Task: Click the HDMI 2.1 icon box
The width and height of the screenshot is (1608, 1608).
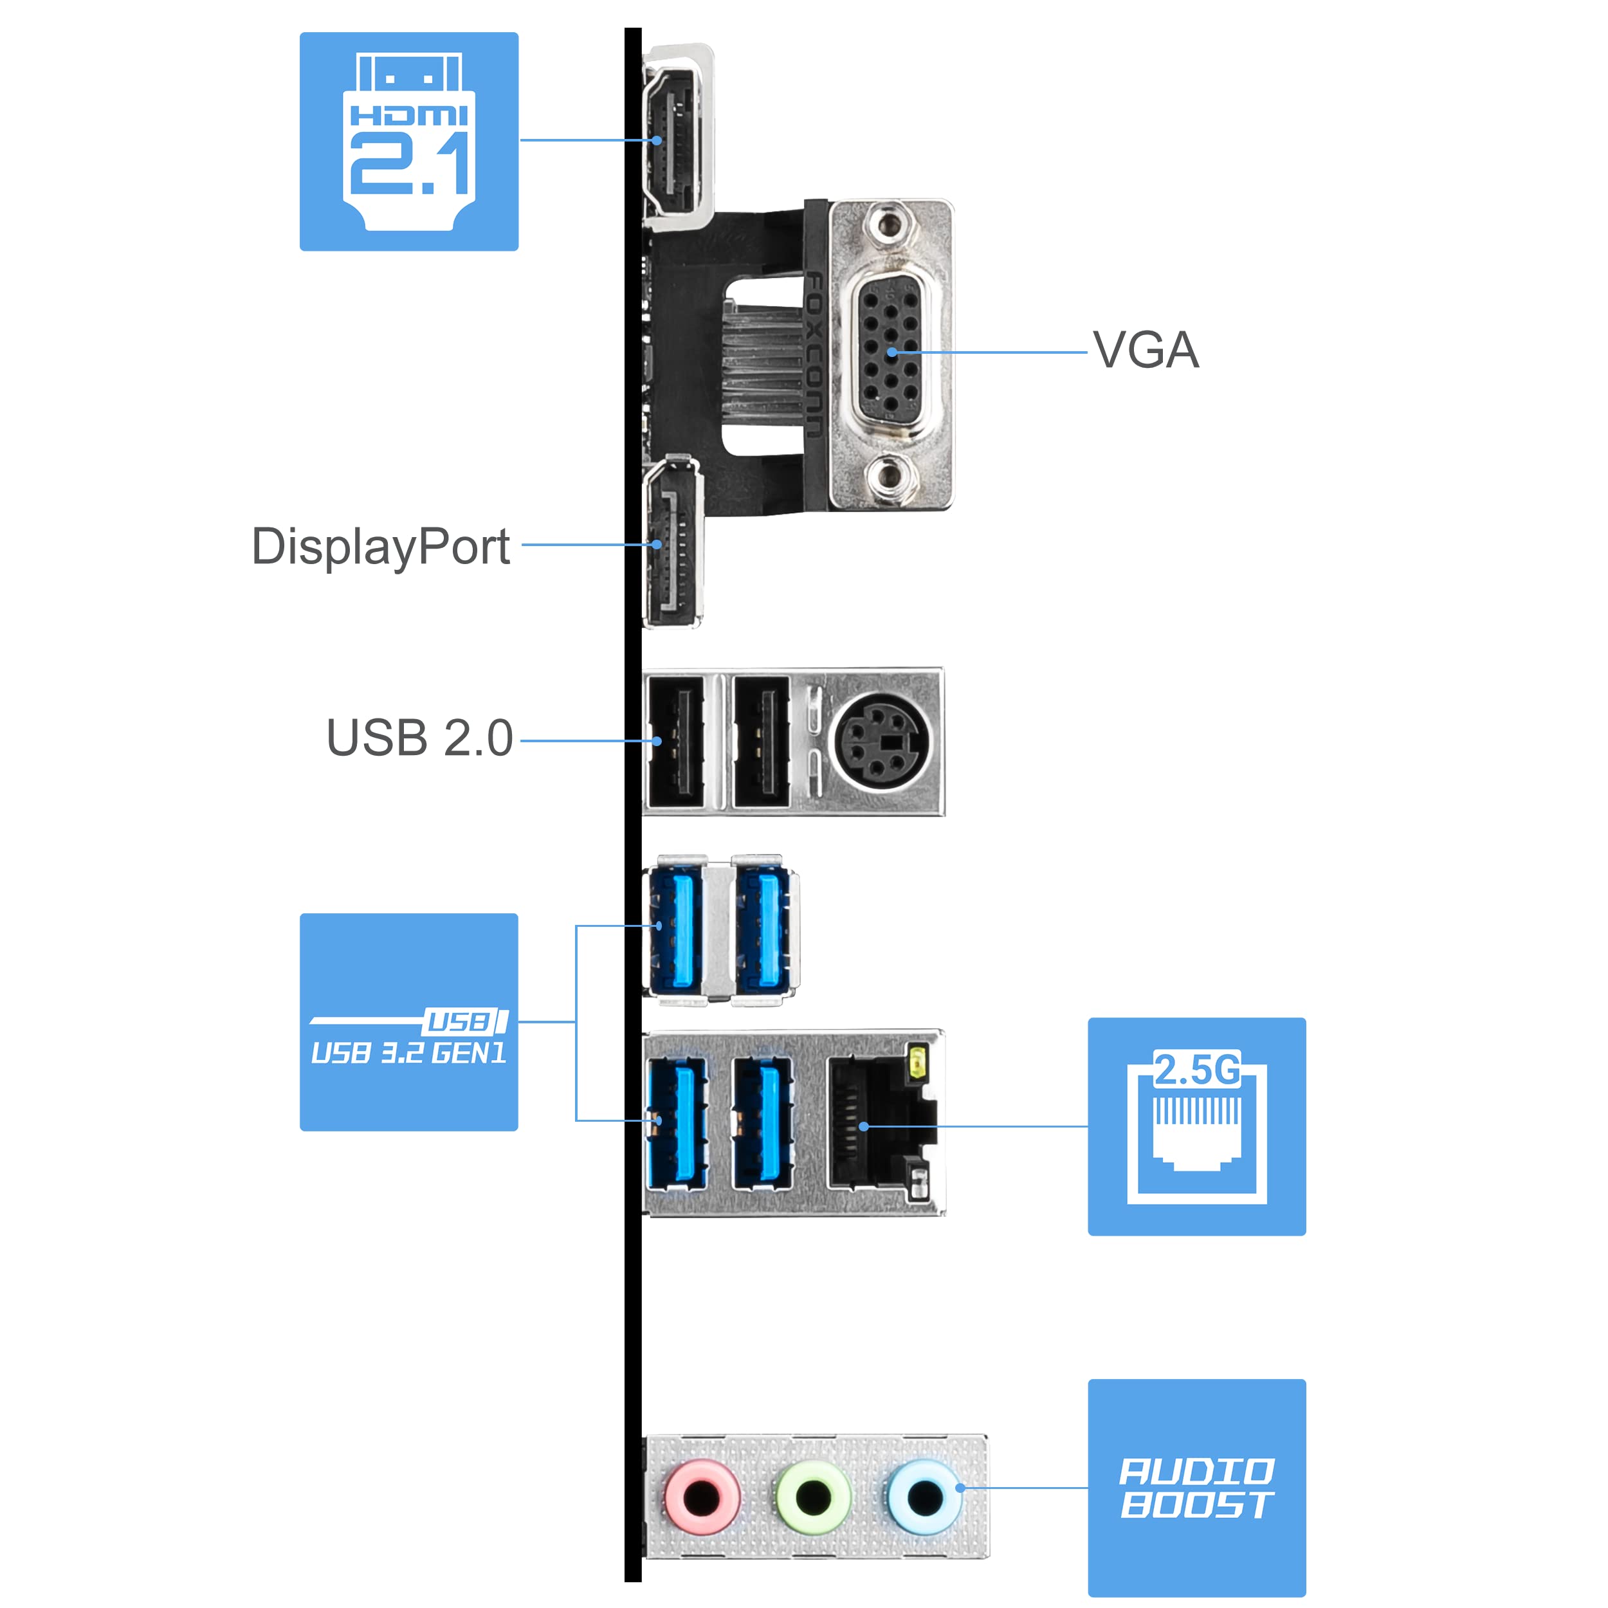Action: (408, 142)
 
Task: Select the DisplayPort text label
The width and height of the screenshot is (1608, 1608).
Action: (380, 547)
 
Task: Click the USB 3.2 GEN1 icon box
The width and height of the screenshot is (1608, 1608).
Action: (408, 1021)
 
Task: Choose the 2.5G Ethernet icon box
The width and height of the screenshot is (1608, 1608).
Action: (1196, 1126)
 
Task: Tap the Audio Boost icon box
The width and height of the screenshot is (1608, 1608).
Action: (1196, 1487)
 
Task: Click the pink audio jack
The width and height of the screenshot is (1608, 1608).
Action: (702, 1497)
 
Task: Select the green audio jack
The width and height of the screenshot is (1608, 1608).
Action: (813, 1497)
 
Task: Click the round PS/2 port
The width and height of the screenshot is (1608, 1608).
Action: (881, 740)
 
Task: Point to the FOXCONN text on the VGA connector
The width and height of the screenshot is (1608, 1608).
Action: (814, 354)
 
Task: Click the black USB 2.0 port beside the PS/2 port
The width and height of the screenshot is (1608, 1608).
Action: (760, 741)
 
